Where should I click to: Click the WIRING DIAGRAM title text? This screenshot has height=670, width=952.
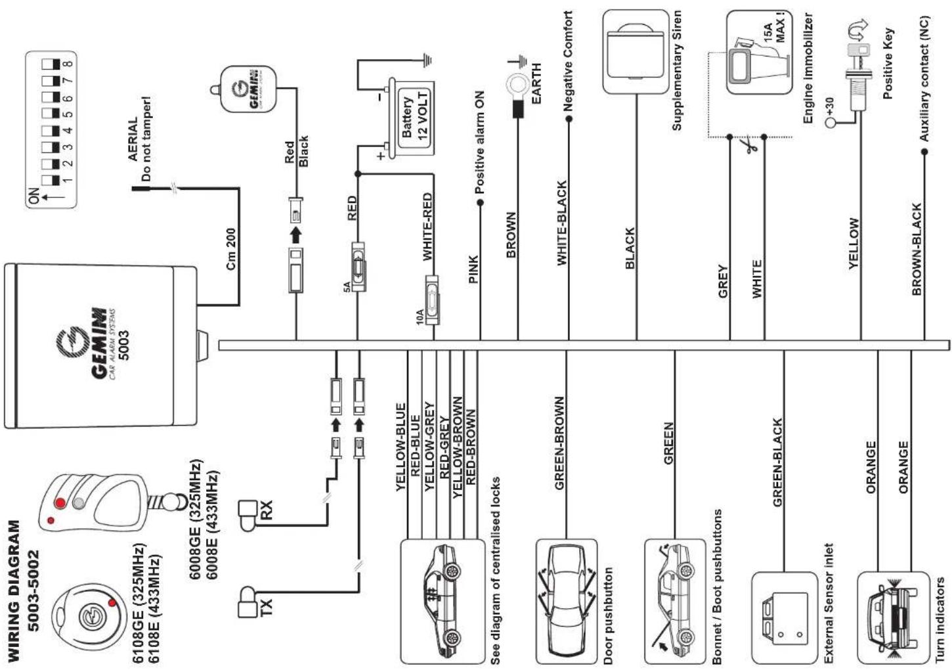point(14,591)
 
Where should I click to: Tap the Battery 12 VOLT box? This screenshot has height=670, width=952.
point(412,117)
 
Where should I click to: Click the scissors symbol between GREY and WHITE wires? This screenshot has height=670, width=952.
point(748,145)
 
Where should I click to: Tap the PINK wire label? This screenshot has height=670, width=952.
point(473,269)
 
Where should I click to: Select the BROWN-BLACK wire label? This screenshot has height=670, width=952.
point(917,250)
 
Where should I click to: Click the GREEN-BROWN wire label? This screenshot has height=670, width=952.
point(559,443)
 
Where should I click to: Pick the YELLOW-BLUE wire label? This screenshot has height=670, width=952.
point(400,447)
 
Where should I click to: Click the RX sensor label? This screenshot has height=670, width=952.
point(266,510)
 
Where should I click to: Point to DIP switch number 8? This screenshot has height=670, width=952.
point(56,64)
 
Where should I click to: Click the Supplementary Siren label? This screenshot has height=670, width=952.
point(676,70)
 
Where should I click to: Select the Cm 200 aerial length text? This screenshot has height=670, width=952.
point(230,249)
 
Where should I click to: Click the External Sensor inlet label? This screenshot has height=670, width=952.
point(829,604)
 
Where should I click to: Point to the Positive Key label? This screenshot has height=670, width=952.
point(888,64)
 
